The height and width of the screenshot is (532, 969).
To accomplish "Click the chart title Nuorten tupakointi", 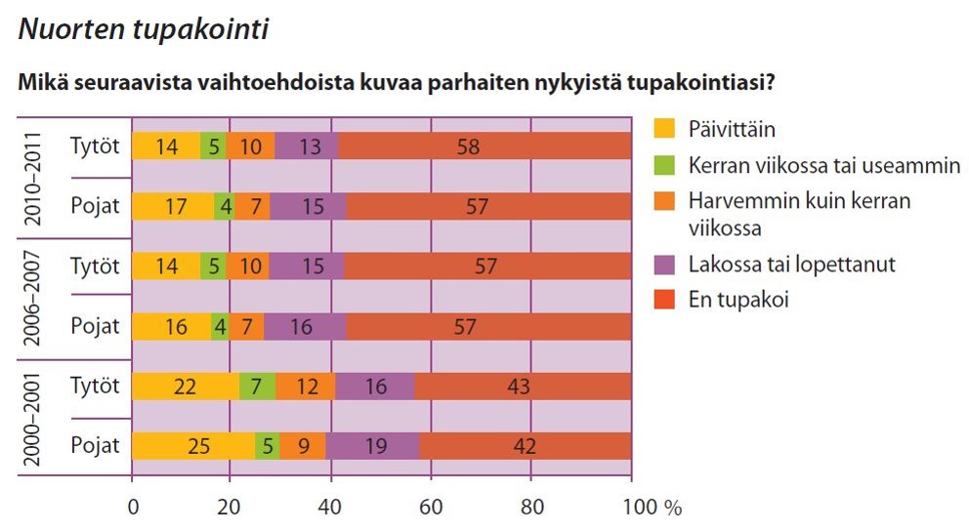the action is (144, 29).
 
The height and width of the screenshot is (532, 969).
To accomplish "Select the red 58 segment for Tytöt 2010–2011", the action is (484, 145).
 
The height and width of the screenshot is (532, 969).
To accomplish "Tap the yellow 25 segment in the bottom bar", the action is (193, 445).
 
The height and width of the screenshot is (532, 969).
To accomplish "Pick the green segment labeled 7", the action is (257, 387).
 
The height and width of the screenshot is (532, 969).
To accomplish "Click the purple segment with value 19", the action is (372, 445).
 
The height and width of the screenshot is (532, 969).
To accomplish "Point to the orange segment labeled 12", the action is (306, 387).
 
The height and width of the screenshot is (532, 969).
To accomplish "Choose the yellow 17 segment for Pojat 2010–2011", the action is (173, 206).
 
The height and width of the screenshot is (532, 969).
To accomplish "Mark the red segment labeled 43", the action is (523, 387).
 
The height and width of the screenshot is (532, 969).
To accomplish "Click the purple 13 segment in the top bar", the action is (307, 145).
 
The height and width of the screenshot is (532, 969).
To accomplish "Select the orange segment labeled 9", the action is (303, 445).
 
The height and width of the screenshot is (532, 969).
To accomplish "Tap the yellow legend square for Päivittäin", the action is (664, 128).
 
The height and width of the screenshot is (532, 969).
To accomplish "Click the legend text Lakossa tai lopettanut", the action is (791, 265).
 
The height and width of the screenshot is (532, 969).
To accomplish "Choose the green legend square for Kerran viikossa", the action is (664, 164).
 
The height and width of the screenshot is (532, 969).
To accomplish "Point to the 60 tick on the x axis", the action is (431, 508).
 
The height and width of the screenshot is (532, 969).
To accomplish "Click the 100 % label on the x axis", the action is (653, 508).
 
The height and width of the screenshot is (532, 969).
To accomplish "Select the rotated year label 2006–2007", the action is (32, 298).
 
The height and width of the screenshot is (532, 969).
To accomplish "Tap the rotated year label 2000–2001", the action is (32, 419).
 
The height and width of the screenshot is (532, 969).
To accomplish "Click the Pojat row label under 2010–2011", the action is (95, 206).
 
